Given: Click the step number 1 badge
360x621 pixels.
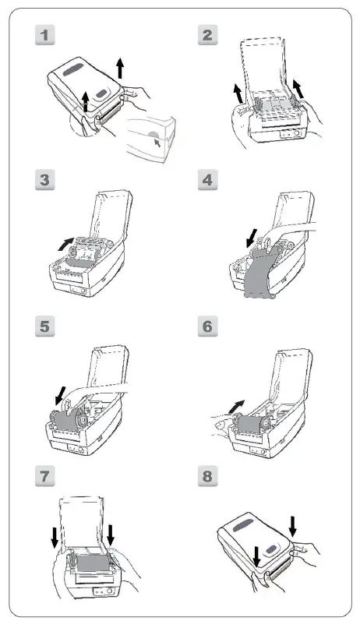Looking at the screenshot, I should click(x=48, y=35).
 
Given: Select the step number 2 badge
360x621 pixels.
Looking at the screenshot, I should click(x=208, y=35).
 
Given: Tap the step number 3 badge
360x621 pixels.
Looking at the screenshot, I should click(x=48, y=180).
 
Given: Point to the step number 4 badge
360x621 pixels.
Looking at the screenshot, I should click(x=208, y=180).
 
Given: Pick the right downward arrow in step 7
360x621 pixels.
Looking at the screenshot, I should click(x=111, y=535).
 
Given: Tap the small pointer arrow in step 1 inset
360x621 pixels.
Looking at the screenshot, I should click(x=160, y=143).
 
